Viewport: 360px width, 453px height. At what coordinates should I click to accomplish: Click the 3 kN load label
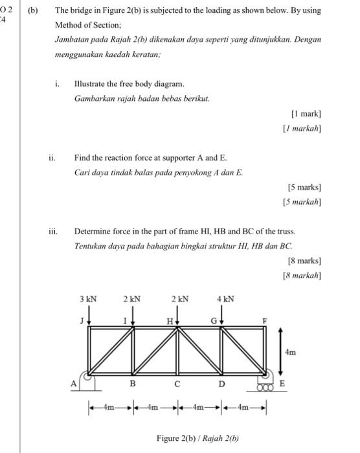[x=88, y=300]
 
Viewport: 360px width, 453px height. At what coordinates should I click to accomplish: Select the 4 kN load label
[x=225, y=300]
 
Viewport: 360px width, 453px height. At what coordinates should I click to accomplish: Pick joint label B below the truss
[x=133, y=384]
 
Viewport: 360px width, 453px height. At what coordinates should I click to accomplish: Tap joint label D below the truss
[x=222, y=384]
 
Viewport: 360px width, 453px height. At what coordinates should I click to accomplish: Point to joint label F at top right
[x=262, y=320]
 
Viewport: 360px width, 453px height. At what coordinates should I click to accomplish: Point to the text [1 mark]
[x=306, y=113]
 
